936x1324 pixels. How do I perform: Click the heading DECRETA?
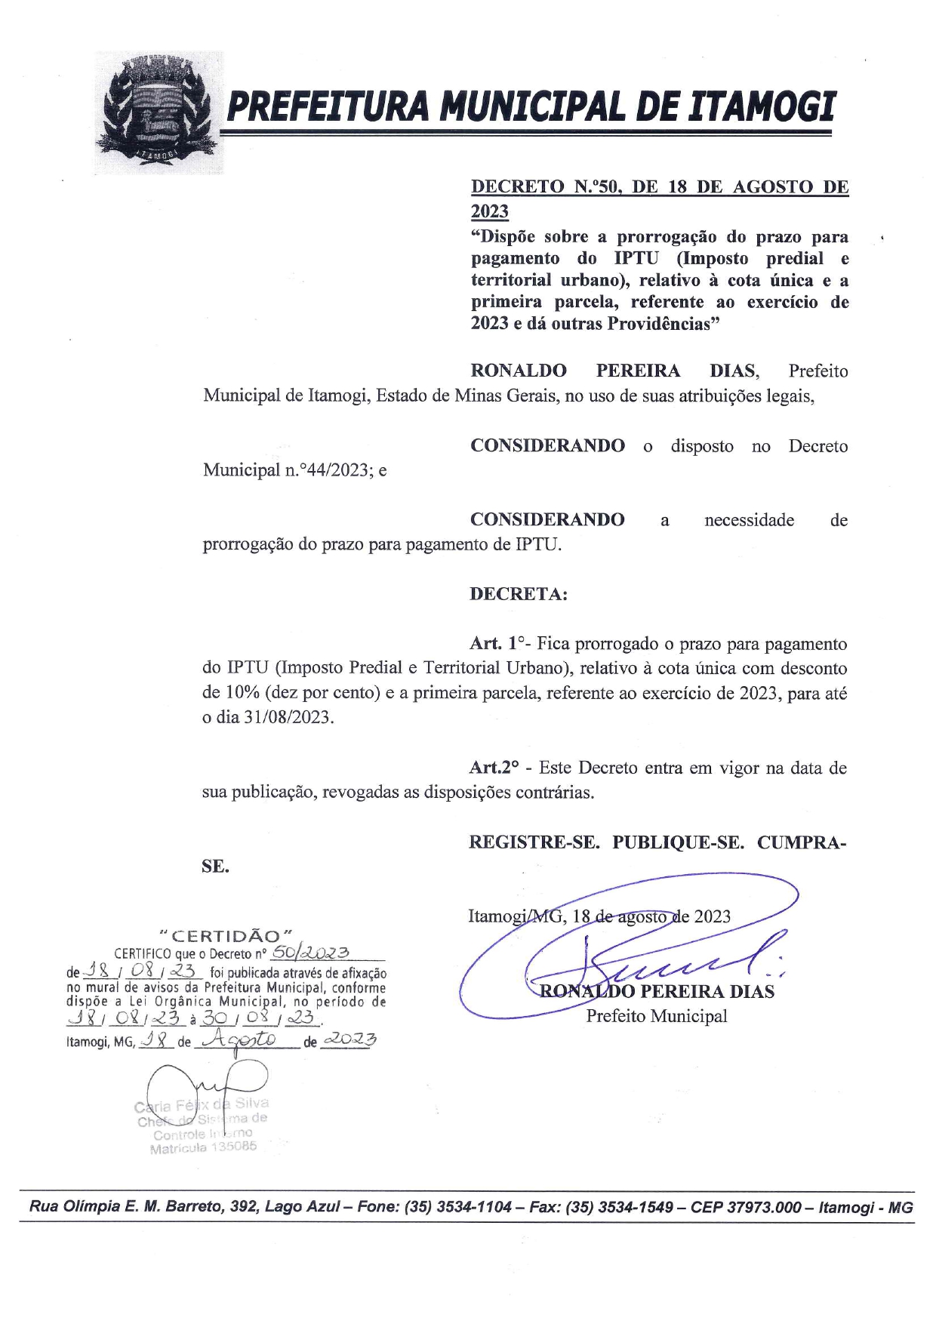coord(519,593)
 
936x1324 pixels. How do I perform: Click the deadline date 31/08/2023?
coord(288,717)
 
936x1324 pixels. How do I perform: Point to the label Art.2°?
coord(494,768)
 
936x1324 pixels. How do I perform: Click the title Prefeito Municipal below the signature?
coord(657,1016)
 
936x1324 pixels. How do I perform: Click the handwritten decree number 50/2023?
coord(309,952)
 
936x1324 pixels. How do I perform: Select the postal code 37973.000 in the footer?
coord(764,1207)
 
